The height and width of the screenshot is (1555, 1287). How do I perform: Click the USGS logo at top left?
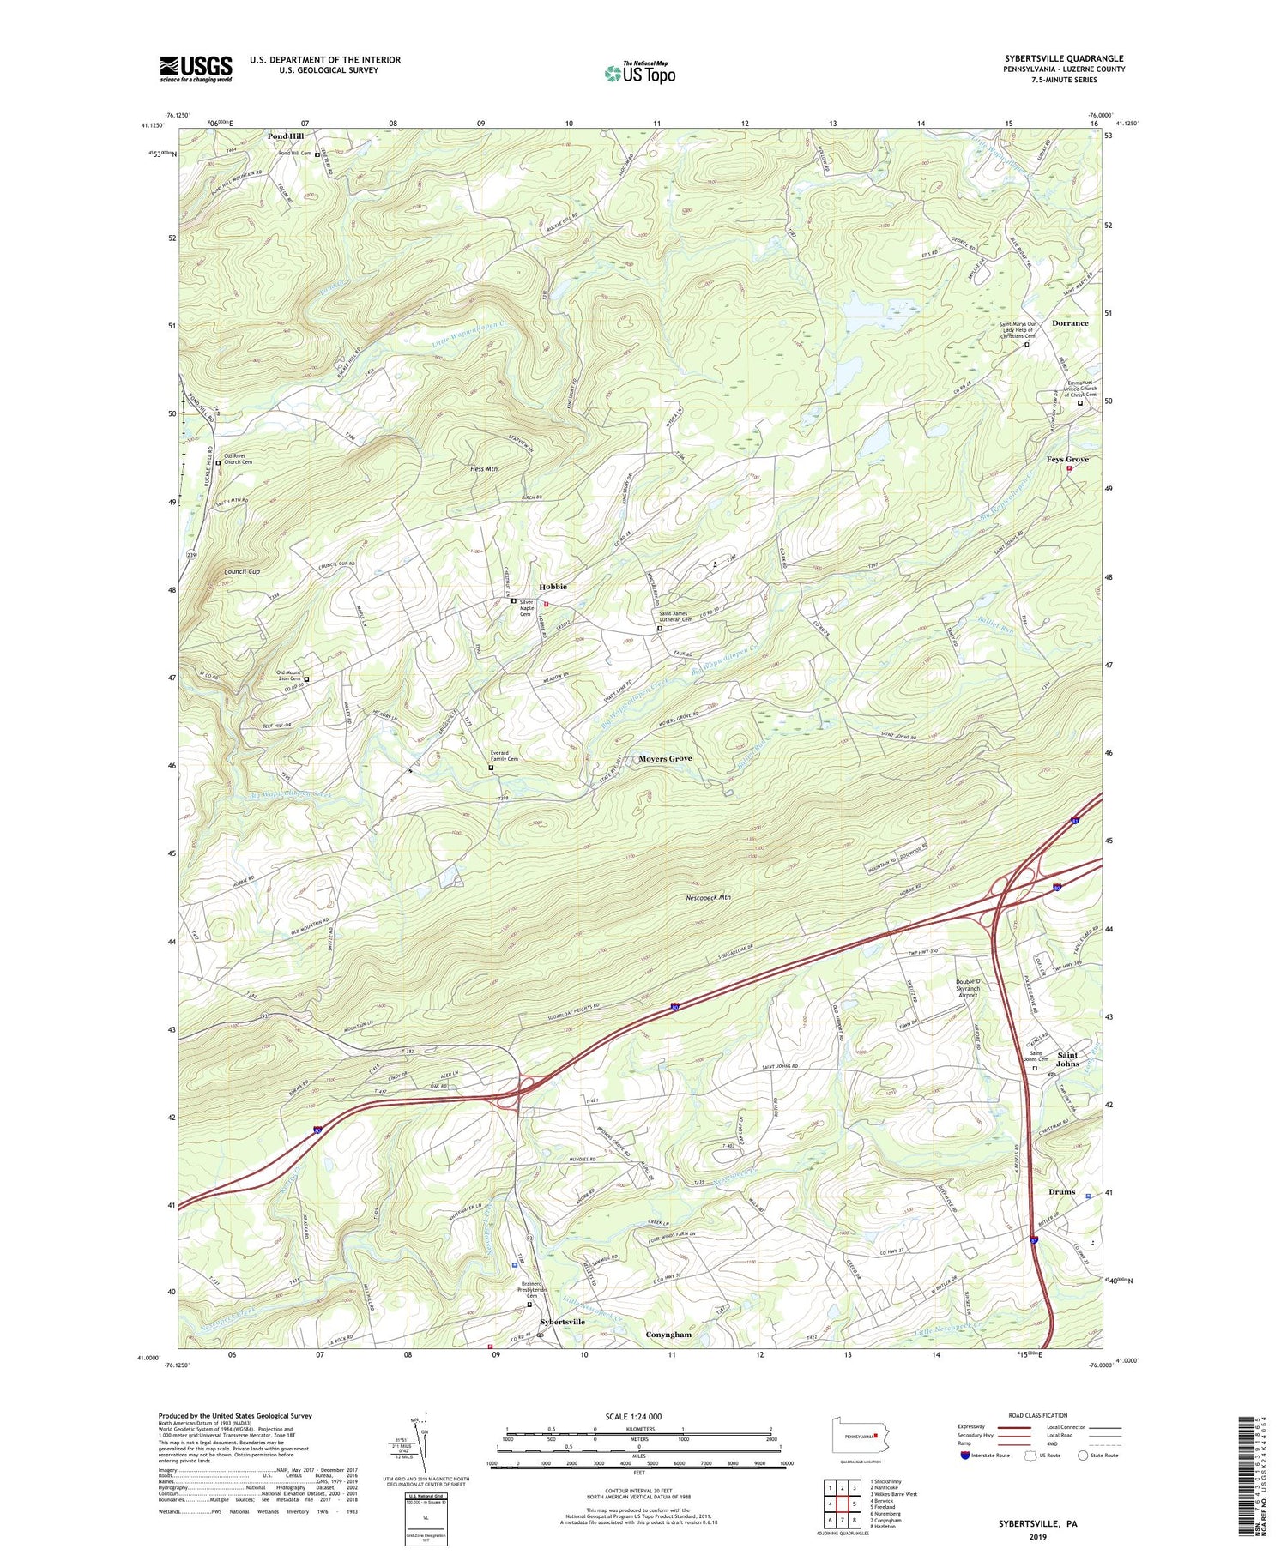point(196,69)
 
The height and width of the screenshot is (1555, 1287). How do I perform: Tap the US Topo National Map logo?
point(640,72)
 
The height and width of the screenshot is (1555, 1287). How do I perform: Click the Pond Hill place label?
point(285,136)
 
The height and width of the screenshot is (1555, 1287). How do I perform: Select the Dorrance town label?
point(1070,323)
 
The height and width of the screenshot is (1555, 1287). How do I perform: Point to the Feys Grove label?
point(1067,460)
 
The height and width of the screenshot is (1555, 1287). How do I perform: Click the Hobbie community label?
point(553,587)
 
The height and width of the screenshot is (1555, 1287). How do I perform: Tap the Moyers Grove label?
point(665,759)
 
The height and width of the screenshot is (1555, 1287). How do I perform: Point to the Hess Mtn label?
point(484,469)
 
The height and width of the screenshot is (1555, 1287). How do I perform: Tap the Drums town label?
point(1061,1192)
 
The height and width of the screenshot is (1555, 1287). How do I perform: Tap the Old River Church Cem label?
point(238,459)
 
